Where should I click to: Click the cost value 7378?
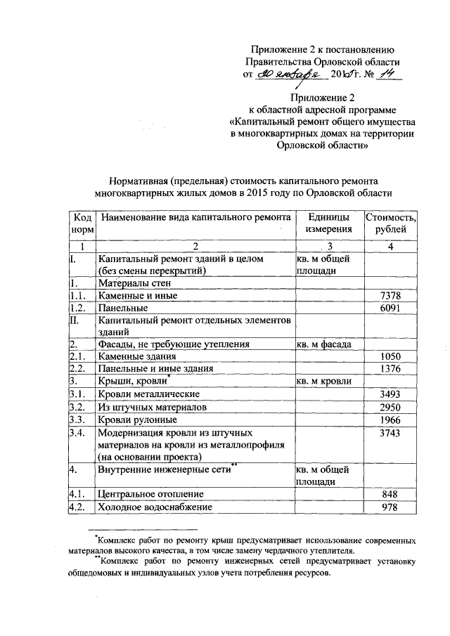(390, 296)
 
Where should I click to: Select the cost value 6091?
(390, 308)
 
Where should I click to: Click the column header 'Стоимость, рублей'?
(390, 223)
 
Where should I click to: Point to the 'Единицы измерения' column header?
(328, 223)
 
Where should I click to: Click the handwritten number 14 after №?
(383, 75)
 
